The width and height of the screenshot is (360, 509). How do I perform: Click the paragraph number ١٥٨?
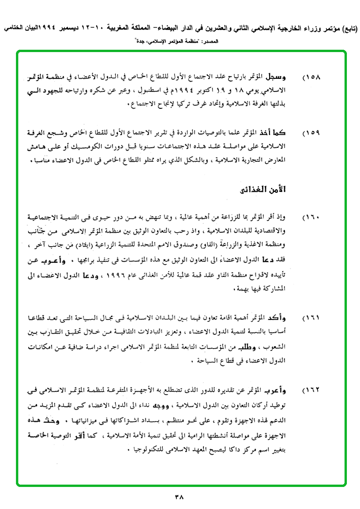tap(311, 76)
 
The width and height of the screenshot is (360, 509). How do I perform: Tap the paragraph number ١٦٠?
tap(311, 218)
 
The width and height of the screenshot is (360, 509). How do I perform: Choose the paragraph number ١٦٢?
tap(311, 390)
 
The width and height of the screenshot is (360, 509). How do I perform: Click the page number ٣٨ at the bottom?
tap(180, 495)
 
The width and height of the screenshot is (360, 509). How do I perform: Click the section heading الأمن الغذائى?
tap(262, 190)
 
